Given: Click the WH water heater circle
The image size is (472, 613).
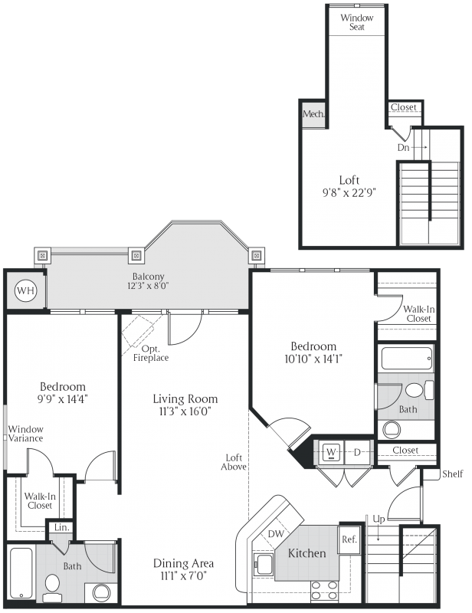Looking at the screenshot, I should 25,291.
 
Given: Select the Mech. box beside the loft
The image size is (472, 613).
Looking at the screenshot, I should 313,114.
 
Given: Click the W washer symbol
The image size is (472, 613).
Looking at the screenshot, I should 332,451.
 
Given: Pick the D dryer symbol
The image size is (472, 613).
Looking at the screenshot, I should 356,451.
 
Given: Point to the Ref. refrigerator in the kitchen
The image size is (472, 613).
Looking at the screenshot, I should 349,539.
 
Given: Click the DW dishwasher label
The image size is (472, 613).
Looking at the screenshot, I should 277,535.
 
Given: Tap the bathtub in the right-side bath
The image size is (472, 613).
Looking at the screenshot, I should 406,359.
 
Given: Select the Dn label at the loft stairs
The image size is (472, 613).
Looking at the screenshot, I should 403,147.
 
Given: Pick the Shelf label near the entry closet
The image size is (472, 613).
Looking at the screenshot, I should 453,474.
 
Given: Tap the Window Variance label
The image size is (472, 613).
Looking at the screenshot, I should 25,434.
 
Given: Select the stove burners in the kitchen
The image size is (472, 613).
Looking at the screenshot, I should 323,590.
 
